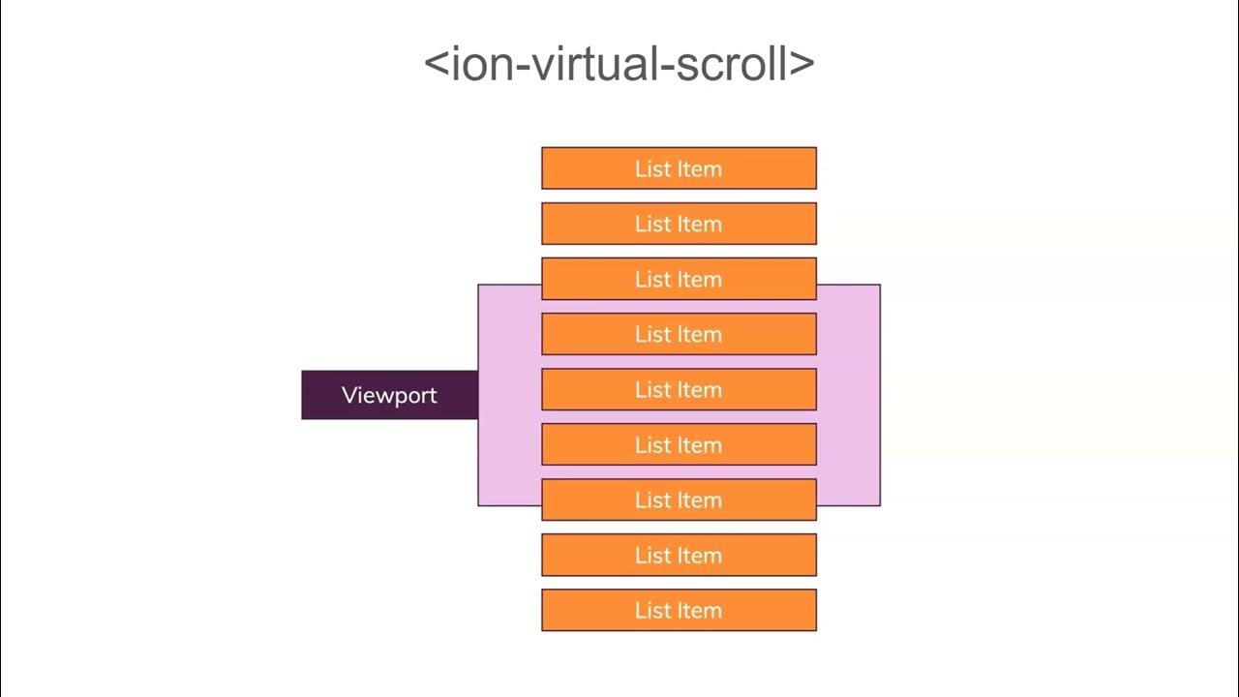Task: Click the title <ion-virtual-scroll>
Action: pos(619,64)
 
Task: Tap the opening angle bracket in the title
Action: pos(438,64)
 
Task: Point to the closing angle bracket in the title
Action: pos(801,64)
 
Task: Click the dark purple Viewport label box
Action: pos(389,395)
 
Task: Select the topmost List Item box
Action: pos(679,168)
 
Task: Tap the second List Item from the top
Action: pos(679,224)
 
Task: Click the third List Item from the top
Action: pos(679,279)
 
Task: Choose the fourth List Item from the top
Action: pos(679,334)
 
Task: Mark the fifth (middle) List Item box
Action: pos(679,389)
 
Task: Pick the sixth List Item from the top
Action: pos(679,444)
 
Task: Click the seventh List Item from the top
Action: pos(679,500)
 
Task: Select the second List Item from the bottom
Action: pos(679,555)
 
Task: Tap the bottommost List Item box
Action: pos(679,610)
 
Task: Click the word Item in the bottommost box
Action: pos(699,610)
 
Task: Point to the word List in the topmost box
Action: pos(651,168)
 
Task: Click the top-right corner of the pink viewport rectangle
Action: pos(879,286)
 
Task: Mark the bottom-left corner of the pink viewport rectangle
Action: pos(479,504)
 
